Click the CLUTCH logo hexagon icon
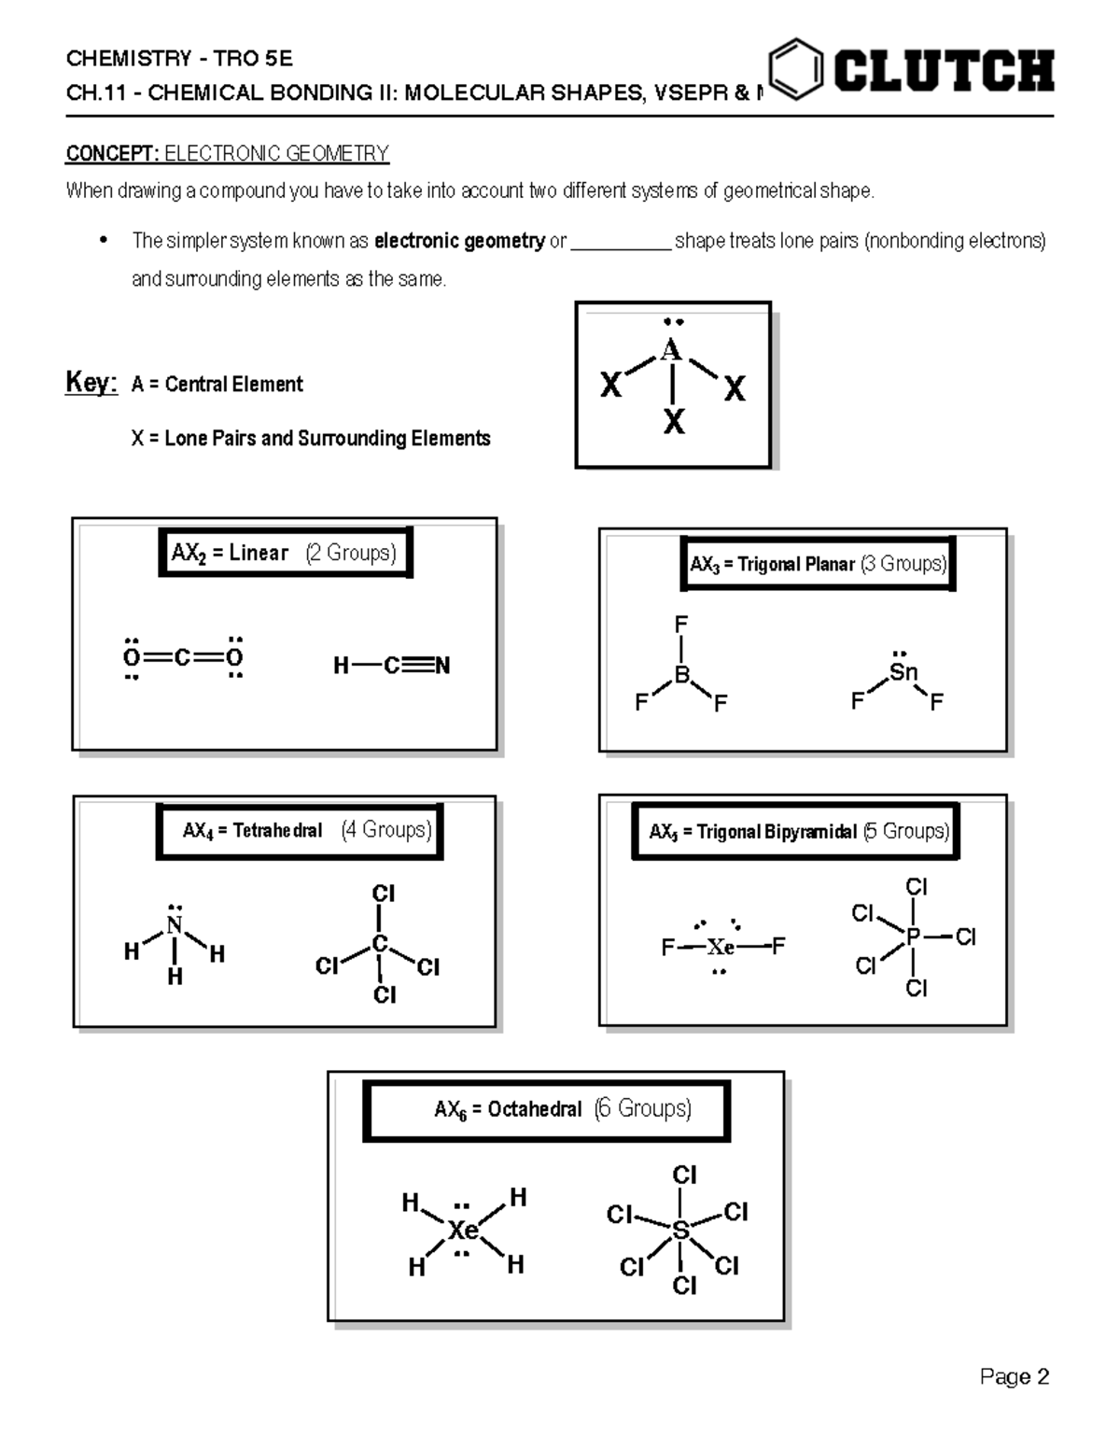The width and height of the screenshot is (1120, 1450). (x=796, y=69)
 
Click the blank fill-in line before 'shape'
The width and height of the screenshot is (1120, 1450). (x=621, y=242)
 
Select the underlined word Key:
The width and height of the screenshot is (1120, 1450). (x=91, y=383)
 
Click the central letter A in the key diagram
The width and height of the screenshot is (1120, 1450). (x=671, y=350)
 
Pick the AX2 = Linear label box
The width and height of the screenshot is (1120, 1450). (x=285, y=553)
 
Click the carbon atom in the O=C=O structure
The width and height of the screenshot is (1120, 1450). (x=183, y=657)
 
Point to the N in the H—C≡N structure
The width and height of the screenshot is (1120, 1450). (x=441, y=666)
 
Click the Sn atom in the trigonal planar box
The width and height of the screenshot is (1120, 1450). (x=903, y=672)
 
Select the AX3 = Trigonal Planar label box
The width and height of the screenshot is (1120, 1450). (x=818, y=564)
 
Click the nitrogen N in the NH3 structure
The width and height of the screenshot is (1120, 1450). (x=175, y=925)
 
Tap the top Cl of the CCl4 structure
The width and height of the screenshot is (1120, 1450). (x=384, y=894)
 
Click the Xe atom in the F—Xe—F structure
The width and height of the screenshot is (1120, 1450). (x=721, y=948)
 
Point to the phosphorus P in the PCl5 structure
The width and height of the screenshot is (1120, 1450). (x=913, y=936)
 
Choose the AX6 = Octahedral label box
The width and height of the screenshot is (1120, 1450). (x=546, y=1110)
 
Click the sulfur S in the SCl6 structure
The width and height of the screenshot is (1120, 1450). (x=680, y=1232)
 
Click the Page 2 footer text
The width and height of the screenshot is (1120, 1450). (x=1015, y=1377)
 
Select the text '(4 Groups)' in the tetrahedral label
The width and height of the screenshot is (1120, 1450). (x=386, y=830)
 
